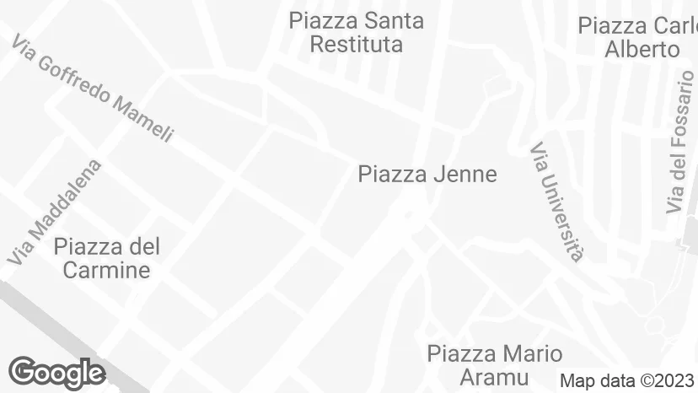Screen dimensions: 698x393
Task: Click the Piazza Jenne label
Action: [x=427, y=175]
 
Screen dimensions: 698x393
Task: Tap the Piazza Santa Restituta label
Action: [x=356, y=32]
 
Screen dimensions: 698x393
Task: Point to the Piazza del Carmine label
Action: [x=106, y=258]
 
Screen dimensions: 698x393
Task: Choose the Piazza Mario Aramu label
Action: [x=494, y=364]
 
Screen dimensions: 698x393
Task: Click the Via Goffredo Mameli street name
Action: [x=94, y=89]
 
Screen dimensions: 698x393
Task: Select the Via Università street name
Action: [x=557, y=202]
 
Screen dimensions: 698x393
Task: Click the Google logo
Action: [x=56, y=372]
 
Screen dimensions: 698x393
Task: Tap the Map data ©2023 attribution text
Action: [x=628, y=380]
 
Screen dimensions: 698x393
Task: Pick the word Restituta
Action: [x=356, y=44]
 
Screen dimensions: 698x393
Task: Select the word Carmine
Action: [x=106, y=270]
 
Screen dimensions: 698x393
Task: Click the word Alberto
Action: [x=642, y=49]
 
